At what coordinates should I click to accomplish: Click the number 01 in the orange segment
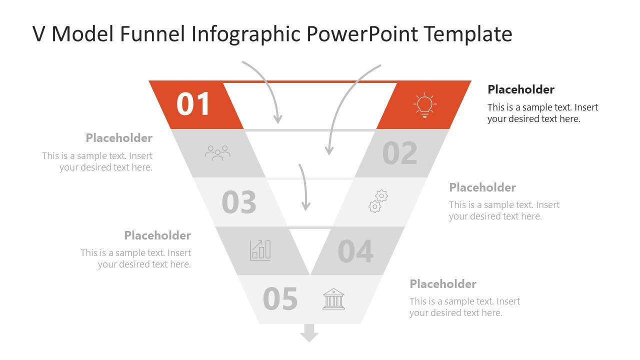point(193,104)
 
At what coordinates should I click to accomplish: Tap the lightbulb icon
point(424,105)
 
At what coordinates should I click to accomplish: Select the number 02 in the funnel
point(399,153)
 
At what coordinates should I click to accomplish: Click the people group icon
point(218,152)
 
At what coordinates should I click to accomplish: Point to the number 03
point(239,202)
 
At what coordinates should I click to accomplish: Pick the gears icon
point(378,201)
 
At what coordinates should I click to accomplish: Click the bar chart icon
point(260,250)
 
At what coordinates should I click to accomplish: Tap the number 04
point(355,251)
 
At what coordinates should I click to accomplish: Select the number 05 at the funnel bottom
point(280,299)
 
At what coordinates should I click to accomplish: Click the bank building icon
point(333,299)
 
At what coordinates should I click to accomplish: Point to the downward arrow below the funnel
point(309,333)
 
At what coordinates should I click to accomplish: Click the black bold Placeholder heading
point(521,89)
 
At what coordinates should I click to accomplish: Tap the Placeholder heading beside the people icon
point(119,138)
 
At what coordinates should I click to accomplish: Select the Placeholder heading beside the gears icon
point(482,187)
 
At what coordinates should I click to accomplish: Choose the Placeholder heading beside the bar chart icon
point(157,235)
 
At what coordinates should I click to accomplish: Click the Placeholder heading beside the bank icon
point(443,284)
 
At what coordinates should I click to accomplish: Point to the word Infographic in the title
point(246,34)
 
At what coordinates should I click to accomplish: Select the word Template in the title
point(467,34)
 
